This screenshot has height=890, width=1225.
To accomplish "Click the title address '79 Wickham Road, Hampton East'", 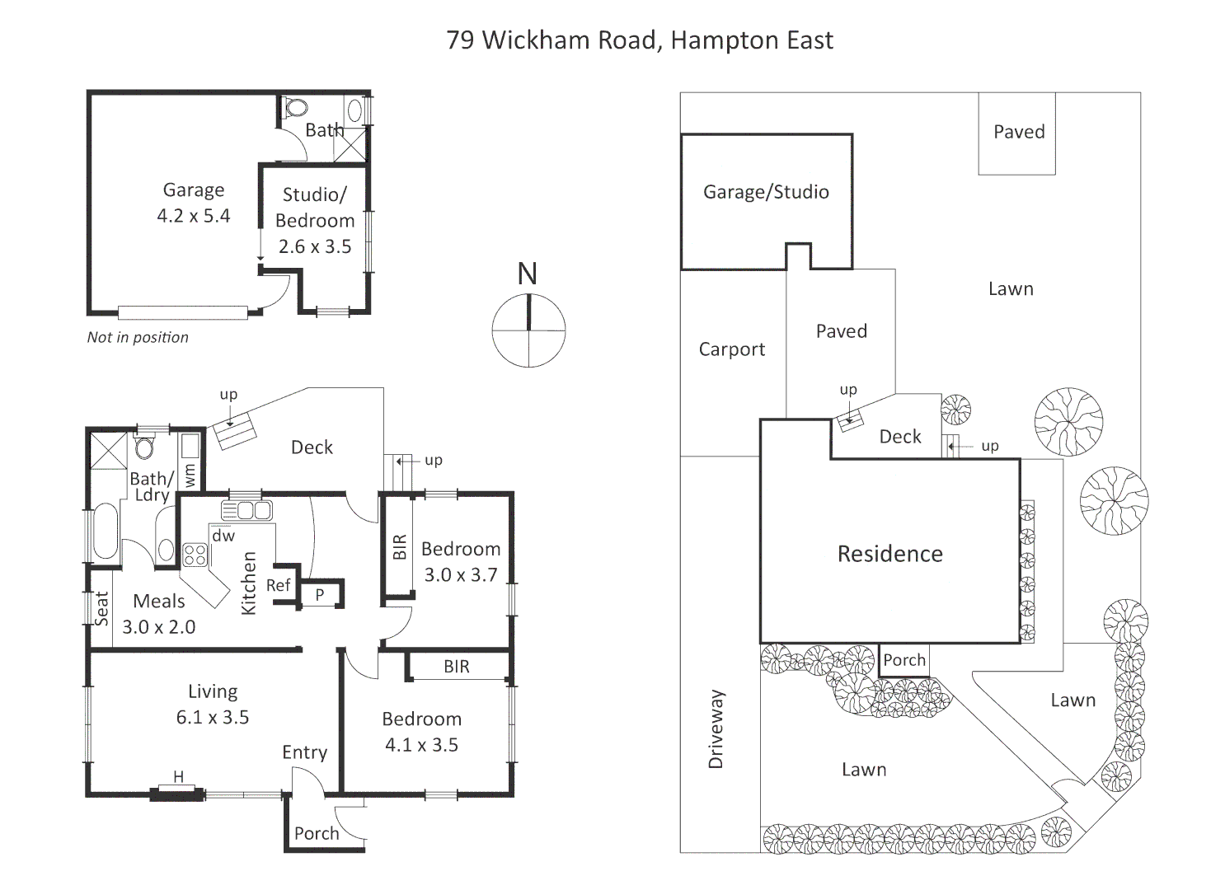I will coord(640,40).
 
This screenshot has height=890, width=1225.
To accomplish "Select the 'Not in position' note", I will coord(138,337).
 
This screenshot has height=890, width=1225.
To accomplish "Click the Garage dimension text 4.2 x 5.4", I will coord(194,216).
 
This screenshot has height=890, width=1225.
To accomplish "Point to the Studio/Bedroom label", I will coord(315,208).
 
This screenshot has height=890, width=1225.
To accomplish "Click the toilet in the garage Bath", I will coord(294,108).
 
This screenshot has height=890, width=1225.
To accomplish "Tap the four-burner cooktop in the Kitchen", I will coord(195,555).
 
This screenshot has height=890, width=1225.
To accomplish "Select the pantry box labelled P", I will coord(320,594).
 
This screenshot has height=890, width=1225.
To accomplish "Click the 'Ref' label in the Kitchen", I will coord(278,585).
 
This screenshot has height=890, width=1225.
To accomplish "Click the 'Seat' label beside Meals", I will coord(101,609).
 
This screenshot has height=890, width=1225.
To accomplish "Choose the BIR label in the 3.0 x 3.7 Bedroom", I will coord(400,546).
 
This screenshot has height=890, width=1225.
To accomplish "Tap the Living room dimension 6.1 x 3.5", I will coord(213,718).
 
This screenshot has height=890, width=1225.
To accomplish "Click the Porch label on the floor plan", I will coord(317,833).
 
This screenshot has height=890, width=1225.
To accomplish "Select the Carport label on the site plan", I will coord(732,349).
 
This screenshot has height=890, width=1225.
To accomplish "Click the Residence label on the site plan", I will coord(890,554).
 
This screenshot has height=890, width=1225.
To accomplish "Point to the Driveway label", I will coord(716,729).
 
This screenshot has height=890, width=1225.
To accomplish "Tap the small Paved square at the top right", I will coord(1018,133).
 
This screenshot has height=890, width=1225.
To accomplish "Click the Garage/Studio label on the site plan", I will coord(766,192).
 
